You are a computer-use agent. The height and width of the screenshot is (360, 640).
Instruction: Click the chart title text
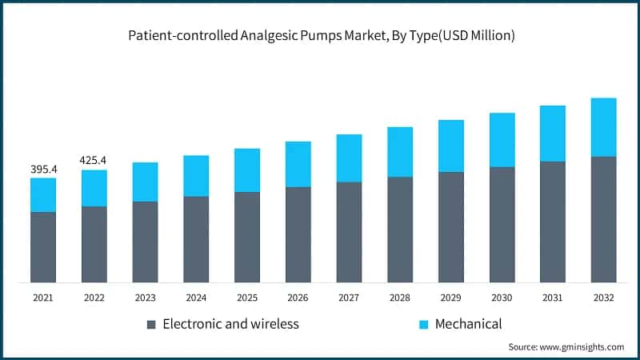(320, 35)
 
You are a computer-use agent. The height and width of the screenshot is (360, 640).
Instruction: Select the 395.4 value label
(43, 169)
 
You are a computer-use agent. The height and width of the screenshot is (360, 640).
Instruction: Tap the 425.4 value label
(94, 160)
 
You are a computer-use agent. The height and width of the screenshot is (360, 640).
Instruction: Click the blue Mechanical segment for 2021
(43, 195)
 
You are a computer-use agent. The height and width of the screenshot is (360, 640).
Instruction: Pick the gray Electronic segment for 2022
(94, 244)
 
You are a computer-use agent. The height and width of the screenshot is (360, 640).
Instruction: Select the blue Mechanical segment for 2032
(603, 127)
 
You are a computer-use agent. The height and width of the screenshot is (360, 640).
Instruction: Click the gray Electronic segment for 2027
(349, 232)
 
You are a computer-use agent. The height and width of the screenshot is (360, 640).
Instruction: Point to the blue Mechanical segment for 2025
(247, 170)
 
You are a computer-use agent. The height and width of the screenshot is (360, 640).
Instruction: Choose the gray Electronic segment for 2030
(502, 224)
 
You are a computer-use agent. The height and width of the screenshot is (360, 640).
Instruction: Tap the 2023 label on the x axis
(145, 298)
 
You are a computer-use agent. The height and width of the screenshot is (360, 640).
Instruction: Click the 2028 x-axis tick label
(400, 298)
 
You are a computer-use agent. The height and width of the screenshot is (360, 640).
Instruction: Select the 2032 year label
(603, 298)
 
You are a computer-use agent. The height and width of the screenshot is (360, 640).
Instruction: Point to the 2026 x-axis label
(298, 298)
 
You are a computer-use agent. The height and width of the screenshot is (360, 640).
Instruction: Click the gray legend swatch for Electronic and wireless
(151, 325)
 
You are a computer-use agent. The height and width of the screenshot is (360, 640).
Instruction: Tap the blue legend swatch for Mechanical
(423, 325)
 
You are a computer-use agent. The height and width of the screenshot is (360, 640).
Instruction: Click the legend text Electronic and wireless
(230, 324)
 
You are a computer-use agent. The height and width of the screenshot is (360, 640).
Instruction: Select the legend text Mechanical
(468, 324)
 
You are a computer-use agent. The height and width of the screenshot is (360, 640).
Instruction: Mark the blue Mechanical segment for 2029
(450, 146)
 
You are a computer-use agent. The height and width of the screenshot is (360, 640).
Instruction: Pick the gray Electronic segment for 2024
(196, 239)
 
